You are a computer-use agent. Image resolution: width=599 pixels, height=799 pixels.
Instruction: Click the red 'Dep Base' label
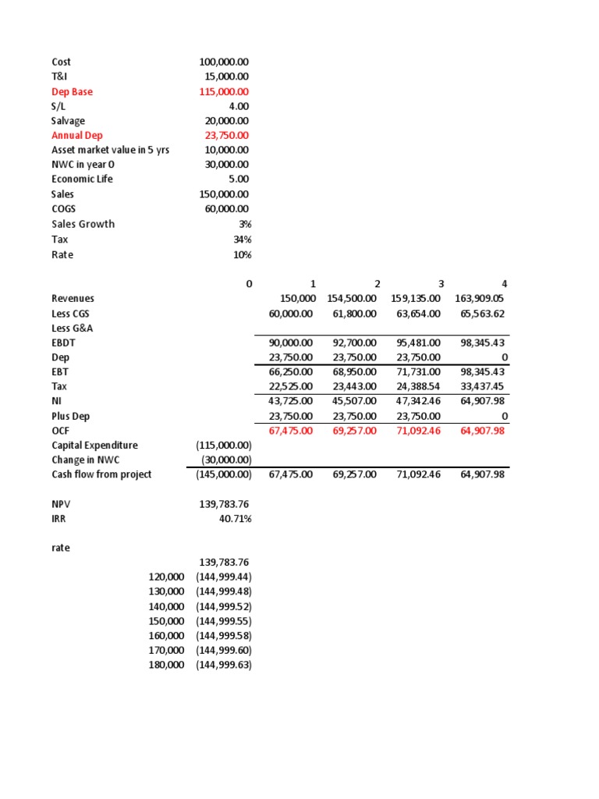[x=72, y=92]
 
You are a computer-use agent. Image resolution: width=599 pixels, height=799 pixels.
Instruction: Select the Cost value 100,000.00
[x=225, y=62]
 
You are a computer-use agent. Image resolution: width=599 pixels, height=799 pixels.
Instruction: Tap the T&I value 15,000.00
[x=227, y=76]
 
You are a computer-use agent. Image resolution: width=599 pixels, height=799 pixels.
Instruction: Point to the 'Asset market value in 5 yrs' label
[x=110, y=150]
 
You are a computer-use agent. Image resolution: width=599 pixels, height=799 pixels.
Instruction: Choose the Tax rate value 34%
[x=243, y=240]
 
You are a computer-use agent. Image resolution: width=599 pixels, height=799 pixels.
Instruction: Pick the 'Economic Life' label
[x=82, y=179]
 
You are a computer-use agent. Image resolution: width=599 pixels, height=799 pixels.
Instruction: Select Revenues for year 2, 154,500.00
[x=350, y=299]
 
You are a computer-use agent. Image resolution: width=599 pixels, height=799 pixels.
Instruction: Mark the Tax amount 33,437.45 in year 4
[x=482, y=386]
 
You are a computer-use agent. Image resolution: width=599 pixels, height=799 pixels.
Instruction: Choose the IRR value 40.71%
[x=236, y=518]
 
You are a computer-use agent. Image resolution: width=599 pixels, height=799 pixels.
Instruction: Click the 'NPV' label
[x=62, y=504]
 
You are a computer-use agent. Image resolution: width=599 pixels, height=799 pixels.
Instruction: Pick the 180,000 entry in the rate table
[x=166, y=665]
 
